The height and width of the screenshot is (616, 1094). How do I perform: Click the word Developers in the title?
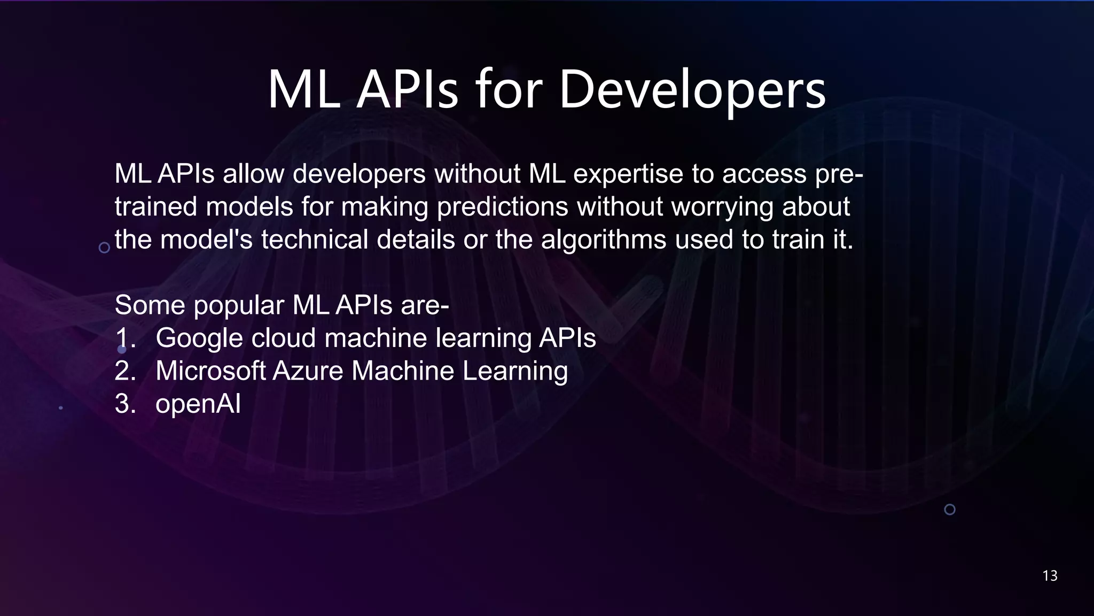692,90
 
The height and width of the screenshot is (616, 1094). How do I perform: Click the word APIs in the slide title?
407,90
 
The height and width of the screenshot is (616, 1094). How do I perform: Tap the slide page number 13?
1050,575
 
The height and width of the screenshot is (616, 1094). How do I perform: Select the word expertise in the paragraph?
628,174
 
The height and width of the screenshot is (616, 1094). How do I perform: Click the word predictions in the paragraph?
502,207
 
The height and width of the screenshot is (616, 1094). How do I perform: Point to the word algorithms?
603,240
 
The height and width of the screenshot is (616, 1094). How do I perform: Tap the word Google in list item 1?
199,338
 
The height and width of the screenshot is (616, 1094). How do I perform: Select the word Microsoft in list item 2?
210,371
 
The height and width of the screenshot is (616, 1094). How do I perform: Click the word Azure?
308,371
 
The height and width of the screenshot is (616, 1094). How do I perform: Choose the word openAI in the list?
198,404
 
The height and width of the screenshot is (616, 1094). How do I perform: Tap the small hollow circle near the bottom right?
950,510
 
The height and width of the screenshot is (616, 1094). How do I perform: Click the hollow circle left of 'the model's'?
105,248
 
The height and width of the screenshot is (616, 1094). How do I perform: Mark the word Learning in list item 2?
515,371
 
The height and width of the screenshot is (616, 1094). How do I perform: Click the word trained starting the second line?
156,207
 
